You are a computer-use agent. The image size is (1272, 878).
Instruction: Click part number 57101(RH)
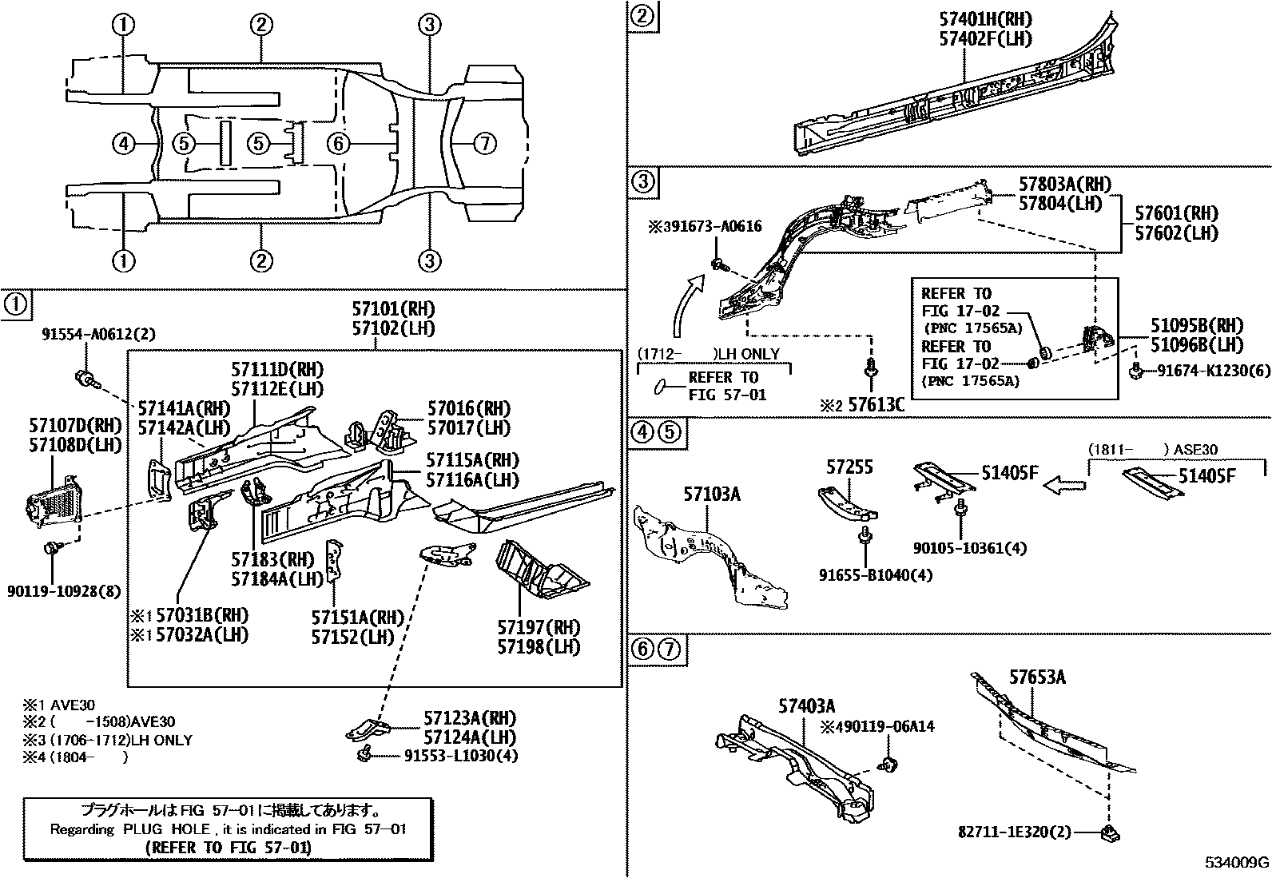click(393, 309)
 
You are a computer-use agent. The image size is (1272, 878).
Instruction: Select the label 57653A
click(1036, 677)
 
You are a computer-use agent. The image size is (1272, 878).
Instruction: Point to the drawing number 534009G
click(1237, 863)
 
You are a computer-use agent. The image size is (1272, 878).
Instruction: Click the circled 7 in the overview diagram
click(484, 144)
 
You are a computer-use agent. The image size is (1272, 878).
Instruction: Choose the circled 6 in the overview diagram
click(339, 144)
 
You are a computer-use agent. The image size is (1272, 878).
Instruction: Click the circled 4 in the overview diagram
click(123, 144)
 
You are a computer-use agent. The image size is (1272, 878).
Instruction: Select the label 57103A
click(711, 495)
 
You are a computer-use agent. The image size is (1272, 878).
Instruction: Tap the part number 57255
click(850, 467)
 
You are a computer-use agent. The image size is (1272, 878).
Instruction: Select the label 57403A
click(807, 705)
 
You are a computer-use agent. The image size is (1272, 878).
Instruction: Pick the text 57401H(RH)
click(986, 19)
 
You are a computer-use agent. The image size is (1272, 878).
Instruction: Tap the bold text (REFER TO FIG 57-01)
click(229, 848)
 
